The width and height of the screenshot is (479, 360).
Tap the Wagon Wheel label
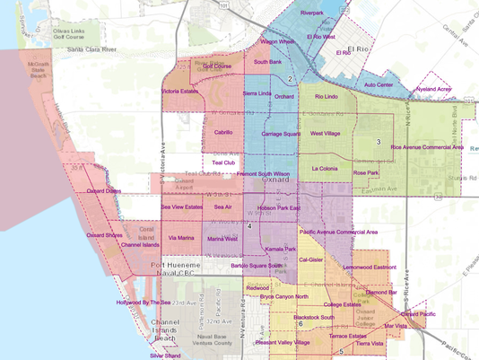pos(277,41)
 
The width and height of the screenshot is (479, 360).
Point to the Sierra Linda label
pos(257,92)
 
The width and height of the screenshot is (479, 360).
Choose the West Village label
pos(325,133)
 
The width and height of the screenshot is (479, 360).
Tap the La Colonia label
pos(328,168)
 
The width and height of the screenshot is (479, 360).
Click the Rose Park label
pos(366,171)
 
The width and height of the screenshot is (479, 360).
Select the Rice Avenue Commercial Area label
pos(426,146)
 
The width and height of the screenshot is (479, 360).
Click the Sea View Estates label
pos(182,207)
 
